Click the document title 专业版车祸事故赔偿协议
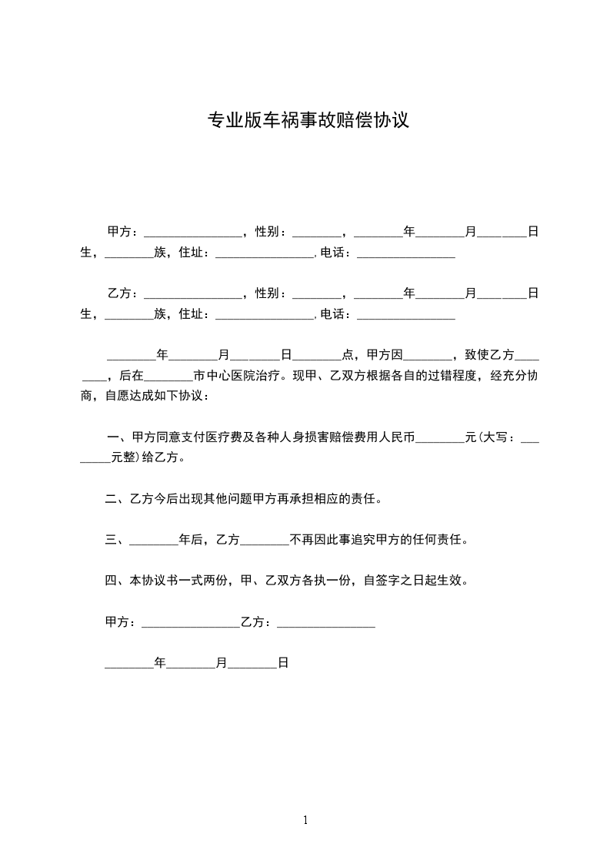pyautogui.click(x=308, y=120)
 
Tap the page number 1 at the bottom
pyautogui.click(x=305, y=820)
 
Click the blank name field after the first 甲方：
pyautogui.click(x=192, y=232)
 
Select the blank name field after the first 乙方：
pyautogui.click(x=192, y=293)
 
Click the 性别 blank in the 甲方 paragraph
pyautogui.click(x=315, y=232)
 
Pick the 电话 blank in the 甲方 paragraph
pyautogui.click(x=405, y=253)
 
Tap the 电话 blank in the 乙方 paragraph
pyautogui.click(x=405, y=314)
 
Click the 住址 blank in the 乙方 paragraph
pyautogui.click(x=265, y=314)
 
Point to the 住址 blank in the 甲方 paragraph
pyautogui.click(x=265, y=253)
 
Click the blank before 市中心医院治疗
pyautogui.click(x=168, y=377)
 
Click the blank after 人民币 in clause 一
pyautogui.click(x=440, y=438)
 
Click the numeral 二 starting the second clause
pyautogui.click(x=110, y=498)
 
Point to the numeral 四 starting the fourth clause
pyautogui.click(x=110, y=581)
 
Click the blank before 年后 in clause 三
pyautogui.click(x=154, y=540)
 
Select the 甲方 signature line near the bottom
pyautogui.click(x=191, y=622)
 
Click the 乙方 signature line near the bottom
pyautogui.click(x=325, y=622)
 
